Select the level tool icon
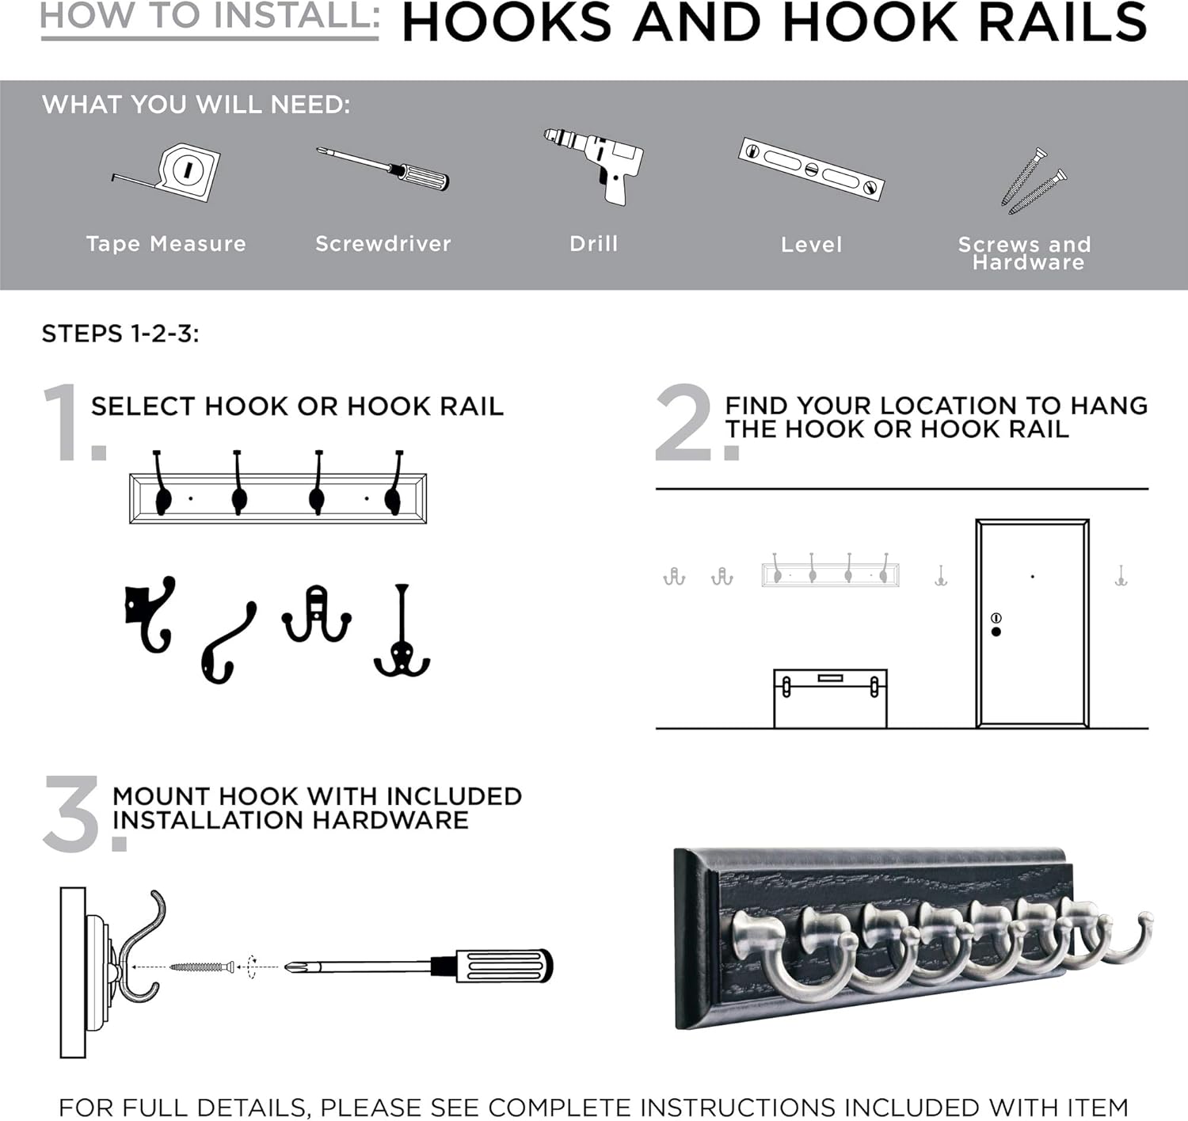click(811, 168)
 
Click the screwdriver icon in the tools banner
click(384, 167)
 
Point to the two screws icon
click(1032, 181)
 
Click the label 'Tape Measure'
click(166, 244)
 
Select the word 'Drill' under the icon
click(593, 244)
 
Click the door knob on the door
click(996, 631)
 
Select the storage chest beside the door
click(830, 698)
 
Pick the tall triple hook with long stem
click(402, 634)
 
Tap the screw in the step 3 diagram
click(202, 967)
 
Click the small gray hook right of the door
click(1121, 576)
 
